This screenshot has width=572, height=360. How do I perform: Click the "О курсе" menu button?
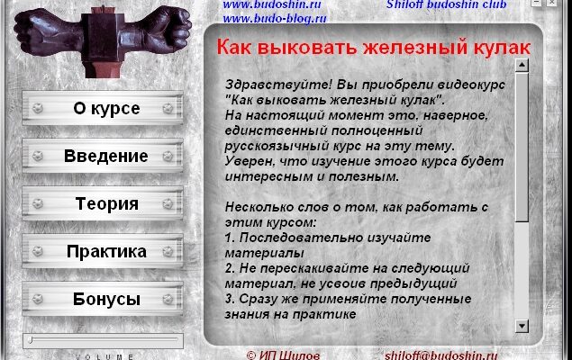(103, 108)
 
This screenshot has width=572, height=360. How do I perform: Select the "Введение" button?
(103, 156)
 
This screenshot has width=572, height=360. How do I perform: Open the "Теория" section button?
(103, 203)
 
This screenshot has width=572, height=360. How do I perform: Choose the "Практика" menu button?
(103, 251)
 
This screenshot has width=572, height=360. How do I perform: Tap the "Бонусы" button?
(103, 299)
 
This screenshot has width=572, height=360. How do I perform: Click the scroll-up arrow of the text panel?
(522, 66)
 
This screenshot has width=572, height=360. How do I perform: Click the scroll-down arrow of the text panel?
(522, 326)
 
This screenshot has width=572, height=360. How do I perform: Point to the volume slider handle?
(31, 340)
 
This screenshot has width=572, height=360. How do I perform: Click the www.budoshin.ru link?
(272, 4)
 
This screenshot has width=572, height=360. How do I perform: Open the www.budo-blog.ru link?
(275, 18)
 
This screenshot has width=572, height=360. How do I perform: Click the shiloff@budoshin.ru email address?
(441, 355)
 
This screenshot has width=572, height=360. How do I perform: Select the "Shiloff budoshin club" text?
(447, 4)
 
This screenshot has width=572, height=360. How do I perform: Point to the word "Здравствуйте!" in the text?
(278, 85)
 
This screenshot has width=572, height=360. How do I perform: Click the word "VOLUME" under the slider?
(104, 356)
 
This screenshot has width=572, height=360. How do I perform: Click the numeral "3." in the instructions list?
(230, 299)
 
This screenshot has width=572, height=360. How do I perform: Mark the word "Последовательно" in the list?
(301, 238)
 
